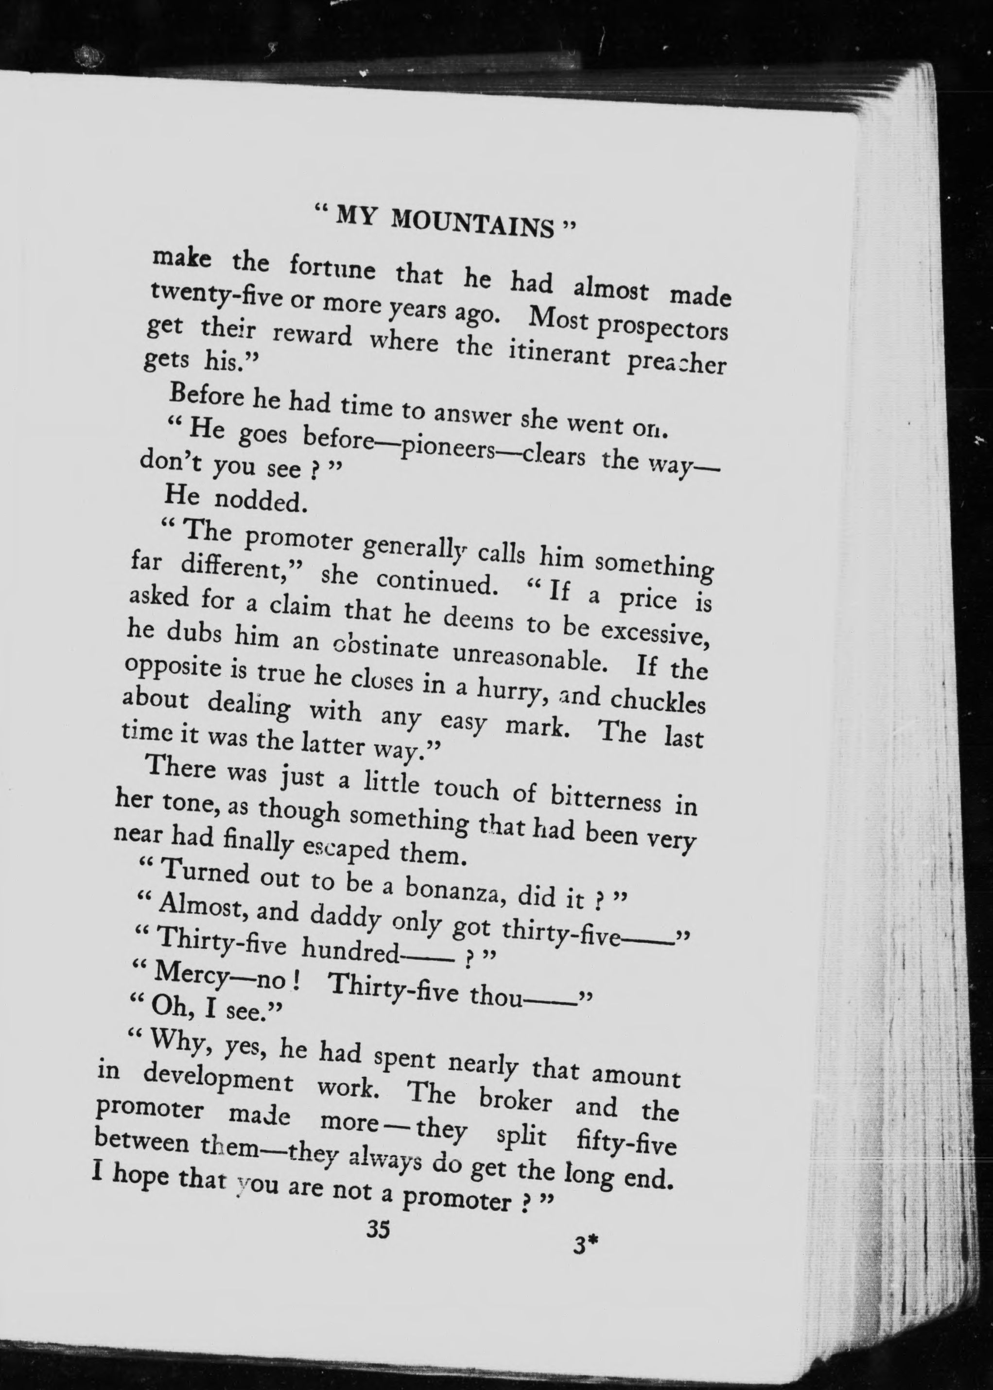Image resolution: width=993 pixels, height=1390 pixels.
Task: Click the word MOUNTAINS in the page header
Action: coord(472,223)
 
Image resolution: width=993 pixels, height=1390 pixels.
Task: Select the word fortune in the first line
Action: coord(332,268)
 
